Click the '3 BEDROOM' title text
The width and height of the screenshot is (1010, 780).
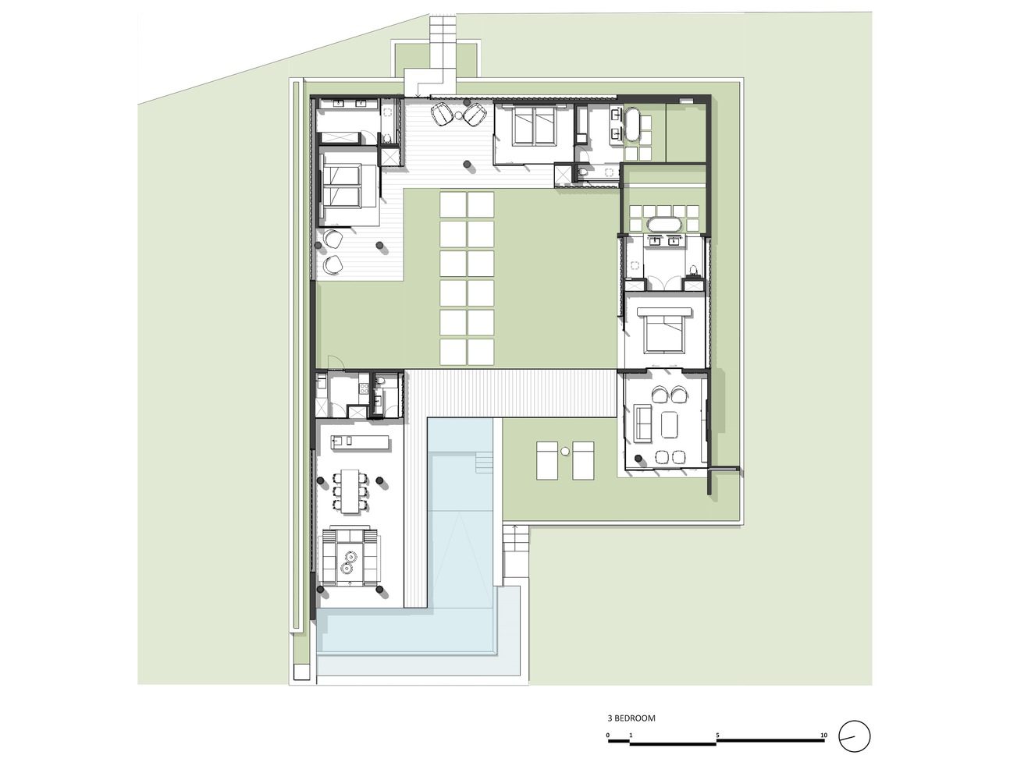[x=631, y=718]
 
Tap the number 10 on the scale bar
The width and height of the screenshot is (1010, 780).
[x=823, y=736]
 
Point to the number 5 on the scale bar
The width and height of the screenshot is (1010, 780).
[x=717, y=736]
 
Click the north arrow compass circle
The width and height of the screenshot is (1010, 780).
[x=855, y=749]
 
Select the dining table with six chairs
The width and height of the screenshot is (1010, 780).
[x=350, y=491]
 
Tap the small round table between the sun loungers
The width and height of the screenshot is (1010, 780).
[x=565, y=450]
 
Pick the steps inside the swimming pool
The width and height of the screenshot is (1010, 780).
[x=484, y=463]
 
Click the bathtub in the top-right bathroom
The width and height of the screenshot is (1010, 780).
[x=631, y=123]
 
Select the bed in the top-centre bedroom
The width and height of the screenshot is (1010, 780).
[x=535, y=126]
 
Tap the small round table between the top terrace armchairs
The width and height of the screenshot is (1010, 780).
[x=459, y=115]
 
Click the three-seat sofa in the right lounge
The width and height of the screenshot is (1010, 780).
[x=643, y=422]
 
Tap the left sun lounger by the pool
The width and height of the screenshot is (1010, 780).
[x=547, y=460]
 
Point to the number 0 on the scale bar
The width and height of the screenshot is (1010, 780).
[x=608, y=736]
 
